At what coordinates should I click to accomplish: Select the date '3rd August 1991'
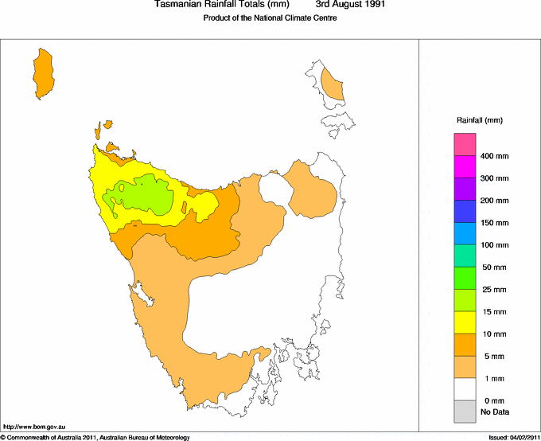(x=352, y=6)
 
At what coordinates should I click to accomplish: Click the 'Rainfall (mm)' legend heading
(x=479, y=120)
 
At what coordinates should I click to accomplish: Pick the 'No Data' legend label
(x=494, y=412)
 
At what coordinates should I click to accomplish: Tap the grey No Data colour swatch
(x=465, y=412)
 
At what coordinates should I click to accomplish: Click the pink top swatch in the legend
(x=465, y=144)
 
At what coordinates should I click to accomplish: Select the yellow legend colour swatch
(x=465, y=322)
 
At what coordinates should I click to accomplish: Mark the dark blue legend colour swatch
(x=465, y=211)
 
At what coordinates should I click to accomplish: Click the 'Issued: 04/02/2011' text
(x=513, y=437)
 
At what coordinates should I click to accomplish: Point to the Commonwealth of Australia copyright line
(x=95, y=437)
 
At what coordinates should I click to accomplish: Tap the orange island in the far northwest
(x=43, y=74)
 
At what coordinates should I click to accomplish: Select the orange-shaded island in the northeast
(x=332, y=85)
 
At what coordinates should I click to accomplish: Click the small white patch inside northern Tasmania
(x=273, y=189)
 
